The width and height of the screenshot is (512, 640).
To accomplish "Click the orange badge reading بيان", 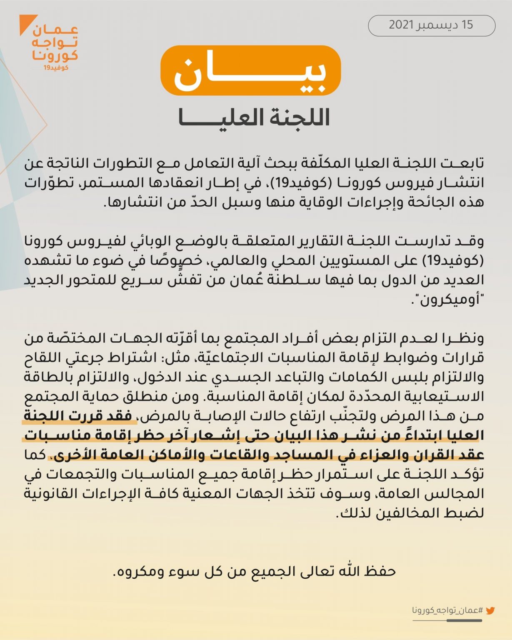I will click(x=250, y=71).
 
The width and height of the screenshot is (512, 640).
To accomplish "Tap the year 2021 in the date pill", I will click(x=401, y=25).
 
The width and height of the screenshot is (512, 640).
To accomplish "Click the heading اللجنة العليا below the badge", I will click(x=254, y=117).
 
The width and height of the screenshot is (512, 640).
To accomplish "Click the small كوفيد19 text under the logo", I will click(x=56, y=67).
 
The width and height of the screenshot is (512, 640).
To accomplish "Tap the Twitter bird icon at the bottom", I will click(x=490, y=611).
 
